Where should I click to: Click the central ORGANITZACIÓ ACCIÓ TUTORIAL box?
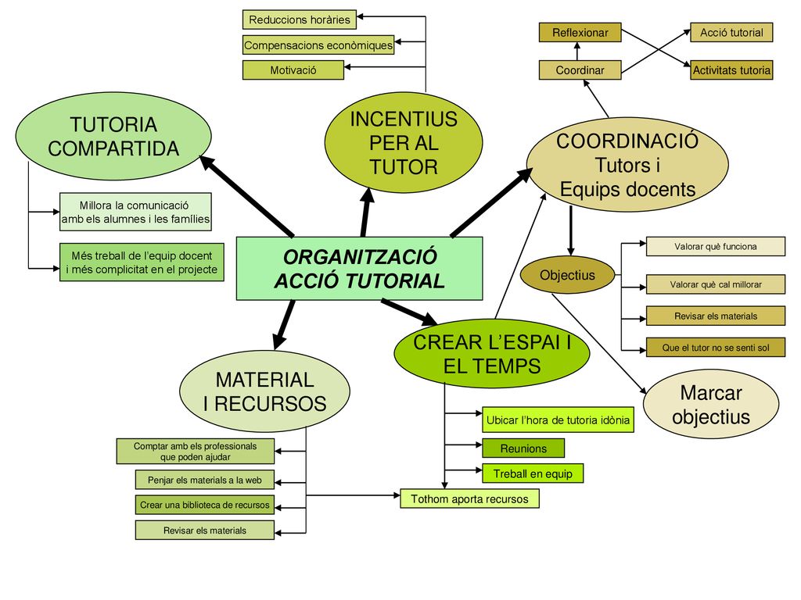pos(359,269)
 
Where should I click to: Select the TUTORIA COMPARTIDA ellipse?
pos(113,136)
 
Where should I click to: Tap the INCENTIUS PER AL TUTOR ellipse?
pos(404,143)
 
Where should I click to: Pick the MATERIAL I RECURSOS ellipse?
pos(264,391)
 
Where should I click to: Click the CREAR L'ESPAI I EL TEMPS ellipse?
pos(492,354)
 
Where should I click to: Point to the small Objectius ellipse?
pos(567,276)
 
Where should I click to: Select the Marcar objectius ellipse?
pos(711,405)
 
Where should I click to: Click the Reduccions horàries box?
pos(300,20)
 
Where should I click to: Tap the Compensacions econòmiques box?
pos(318,45)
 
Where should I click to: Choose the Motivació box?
pos(293,70)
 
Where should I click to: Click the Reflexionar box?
pos(580,33)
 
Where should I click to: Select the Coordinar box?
pos(580,70)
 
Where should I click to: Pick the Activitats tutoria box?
pos(731,70)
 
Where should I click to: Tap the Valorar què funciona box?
pos(716,246)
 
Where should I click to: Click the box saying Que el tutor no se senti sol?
pos(716,348)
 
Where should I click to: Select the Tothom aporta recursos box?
pos(469,498)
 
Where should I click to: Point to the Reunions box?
pos(523,448)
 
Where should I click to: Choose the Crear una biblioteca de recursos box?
pos(205,505)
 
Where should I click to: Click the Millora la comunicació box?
pos(135,212)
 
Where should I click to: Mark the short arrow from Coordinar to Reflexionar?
pos(577,52)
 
